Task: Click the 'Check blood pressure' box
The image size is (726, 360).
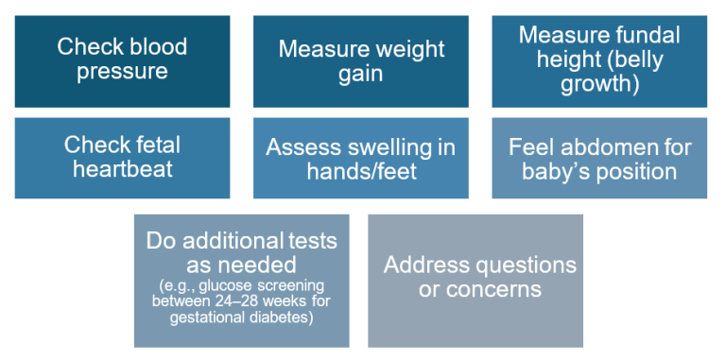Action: [x=122, y=61]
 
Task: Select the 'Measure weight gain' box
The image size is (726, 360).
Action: [x=361, y=61]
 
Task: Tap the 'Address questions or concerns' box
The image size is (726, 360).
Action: [x=475, y=281]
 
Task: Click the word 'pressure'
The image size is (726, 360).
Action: [x=122, y=71]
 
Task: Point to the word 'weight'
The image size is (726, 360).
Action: [x=405, y=49]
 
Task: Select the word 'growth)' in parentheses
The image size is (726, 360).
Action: [x=599, y=85]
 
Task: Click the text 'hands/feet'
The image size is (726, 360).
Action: [x=362, y=171]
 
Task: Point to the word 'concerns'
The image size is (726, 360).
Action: [x=494, y=289]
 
